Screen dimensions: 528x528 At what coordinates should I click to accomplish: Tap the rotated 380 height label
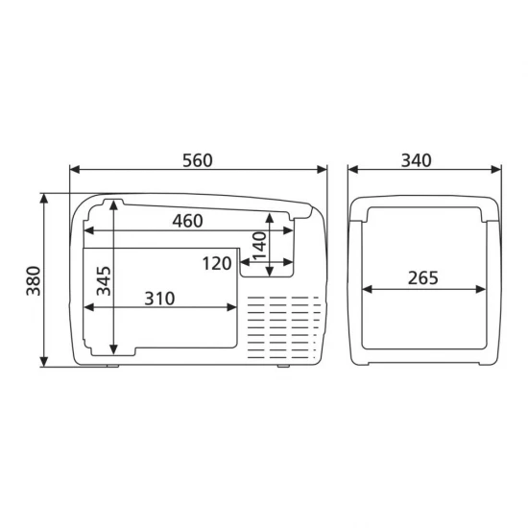31,278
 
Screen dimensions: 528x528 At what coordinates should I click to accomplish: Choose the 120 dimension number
219,262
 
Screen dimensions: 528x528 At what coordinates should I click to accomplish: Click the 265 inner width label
422,278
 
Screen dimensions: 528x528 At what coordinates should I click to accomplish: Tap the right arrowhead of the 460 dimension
293,230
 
